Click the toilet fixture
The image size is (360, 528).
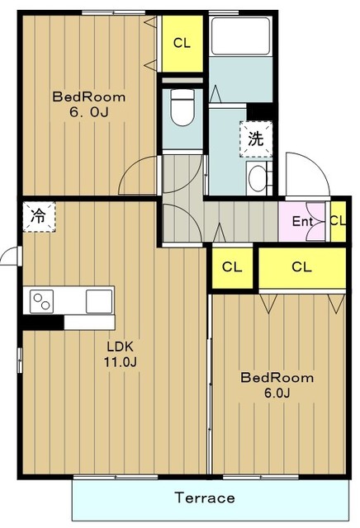(182, 107)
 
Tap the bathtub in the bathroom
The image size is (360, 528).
(240, 36)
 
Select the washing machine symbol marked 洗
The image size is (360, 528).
(256, 139)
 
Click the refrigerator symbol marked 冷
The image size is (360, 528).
(39, 216)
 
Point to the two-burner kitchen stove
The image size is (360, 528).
(42, 300)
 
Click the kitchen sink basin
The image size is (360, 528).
(99, 300)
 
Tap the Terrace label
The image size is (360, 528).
(205, 497)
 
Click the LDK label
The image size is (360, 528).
(121, 346)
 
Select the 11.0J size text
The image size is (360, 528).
(120, 362)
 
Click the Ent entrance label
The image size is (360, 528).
(302, 221)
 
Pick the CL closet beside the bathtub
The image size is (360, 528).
(182, 43)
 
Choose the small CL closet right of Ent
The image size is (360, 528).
(338, 221)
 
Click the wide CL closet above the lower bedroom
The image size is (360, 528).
(302, 267)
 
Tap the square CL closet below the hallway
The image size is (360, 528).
(232, 267)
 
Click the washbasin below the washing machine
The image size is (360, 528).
(258, 178)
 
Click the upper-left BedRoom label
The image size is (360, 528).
(89, 97)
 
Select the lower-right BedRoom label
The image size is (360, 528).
(277, 378)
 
